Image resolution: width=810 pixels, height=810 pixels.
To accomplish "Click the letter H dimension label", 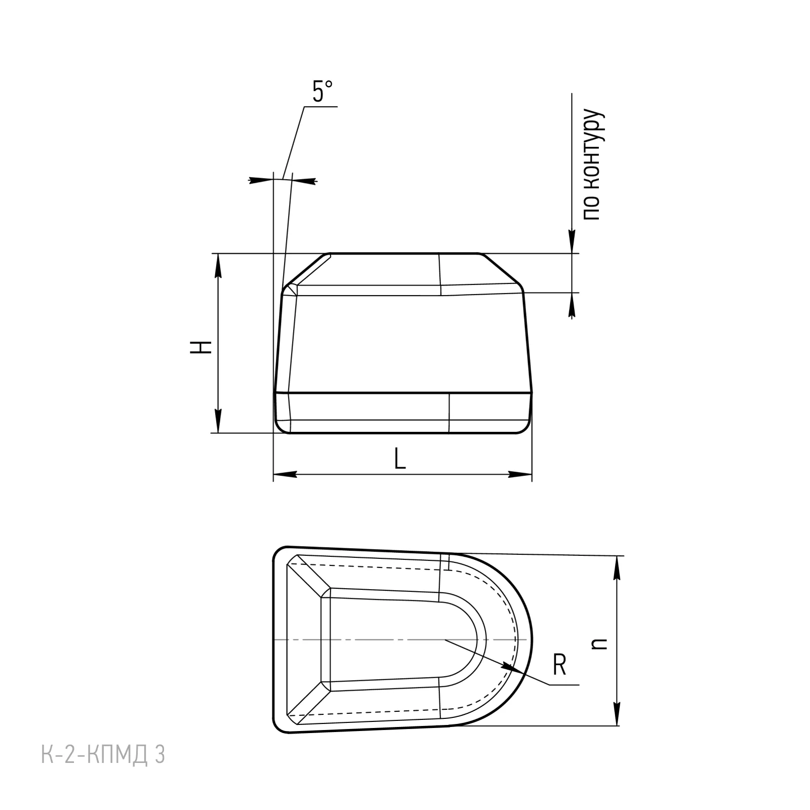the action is (x=201, y=347).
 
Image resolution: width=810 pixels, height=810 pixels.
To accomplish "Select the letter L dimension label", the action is (x=400, y=459).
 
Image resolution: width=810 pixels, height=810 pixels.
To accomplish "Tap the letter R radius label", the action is (x=559, y=665).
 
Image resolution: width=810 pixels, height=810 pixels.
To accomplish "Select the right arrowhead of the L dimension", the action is (x=520, y=475).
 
